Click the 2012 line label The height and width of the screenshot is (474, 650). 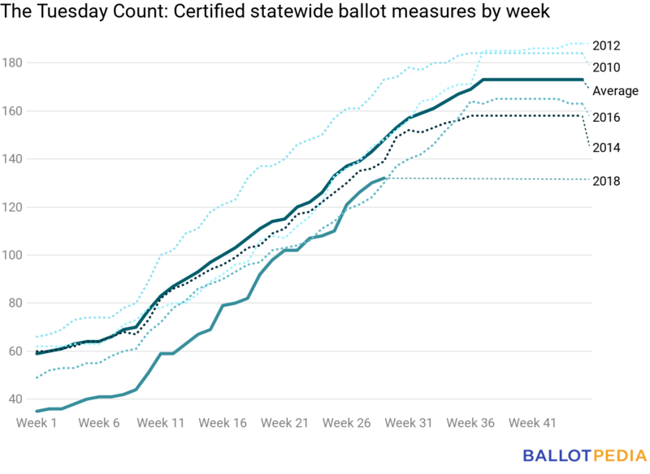[x=606, y=45]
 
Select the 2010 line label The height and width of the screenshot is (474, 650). [x=606, y=67]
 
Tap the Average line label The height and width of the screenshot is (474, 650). [x=615, y=91]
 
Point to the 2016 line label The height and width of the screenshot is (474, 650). [x=606, y=118]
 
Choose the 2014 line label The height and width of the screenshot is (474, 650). [x=606, y=148]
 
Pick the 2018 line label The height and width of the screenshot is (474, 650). [x=606, y=181]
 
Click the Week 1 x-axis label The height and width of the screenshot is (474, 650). [x=37, y=423]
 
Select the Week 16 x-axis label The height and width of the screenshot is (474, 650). [x=223, y=423]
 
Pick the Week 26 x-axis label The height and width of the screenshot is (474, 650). [x=346, y=423]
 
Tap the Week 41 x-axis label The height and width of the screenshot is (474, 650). [x=531, y=423]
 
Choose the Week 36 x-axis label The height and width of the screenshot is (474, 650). [x=470, y=423]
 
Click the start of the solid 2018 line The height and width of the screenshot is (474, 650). [x=37, y=412]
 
